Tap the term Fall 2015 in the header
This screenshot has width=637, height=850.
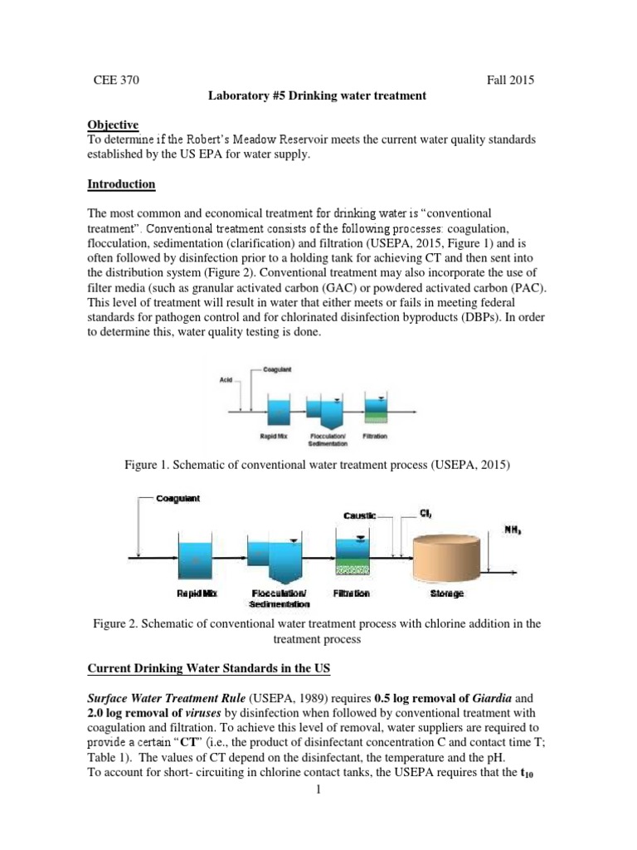point(510,81)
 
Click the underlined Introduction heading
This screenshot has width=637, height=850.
point(122,183)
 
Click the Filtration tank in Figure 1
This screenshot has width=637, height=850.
point(375,410)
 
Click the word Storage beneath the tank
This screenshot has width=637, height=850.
point(447,594)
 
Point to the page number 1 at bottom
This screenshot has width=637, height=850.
point(319,834)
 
